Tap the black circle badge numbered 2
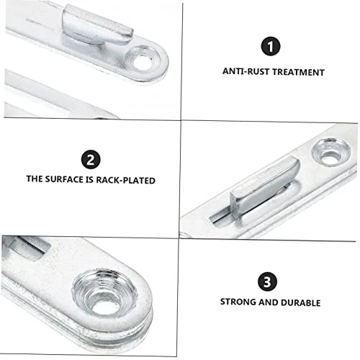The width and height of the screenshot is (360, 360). [90, 159]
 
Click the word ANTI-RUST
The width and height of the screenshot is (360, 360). [244, 72]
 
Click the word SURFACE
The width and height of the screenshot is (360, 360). [71, 179]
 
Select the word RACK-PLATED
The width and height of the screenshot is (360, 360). [128, 179]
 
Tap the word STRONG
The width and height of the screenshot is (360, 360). [238, 302]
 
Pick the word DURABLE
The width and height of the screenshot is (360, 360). [301, 302]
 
